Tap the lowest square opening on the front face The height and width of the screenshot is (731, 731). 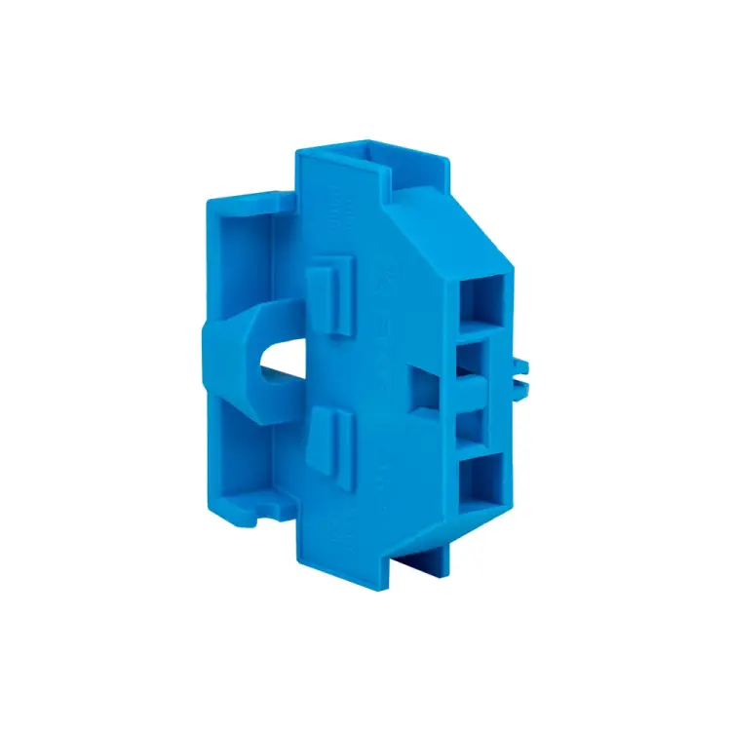point(481,484)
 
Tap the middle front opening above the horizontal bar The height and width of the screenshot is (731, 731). point(479,357)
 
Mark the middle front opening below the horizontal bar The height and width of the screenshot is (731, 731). point(479,422)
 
